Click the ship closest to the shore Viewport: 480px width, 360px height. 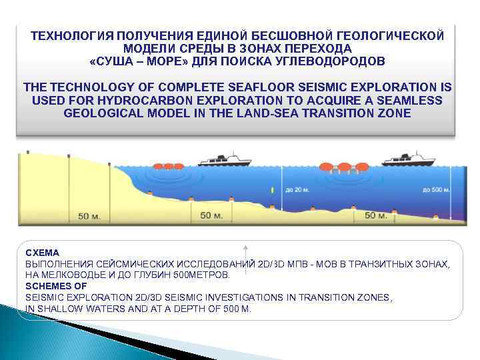220,160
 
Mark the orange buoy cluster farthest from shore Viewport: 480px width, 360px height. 341,167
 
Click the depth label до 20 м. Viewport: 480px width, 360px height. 297,190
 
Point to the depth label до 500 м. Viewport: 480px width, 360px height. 437,190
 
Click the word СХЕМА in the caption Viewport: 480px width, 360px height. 42,253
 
